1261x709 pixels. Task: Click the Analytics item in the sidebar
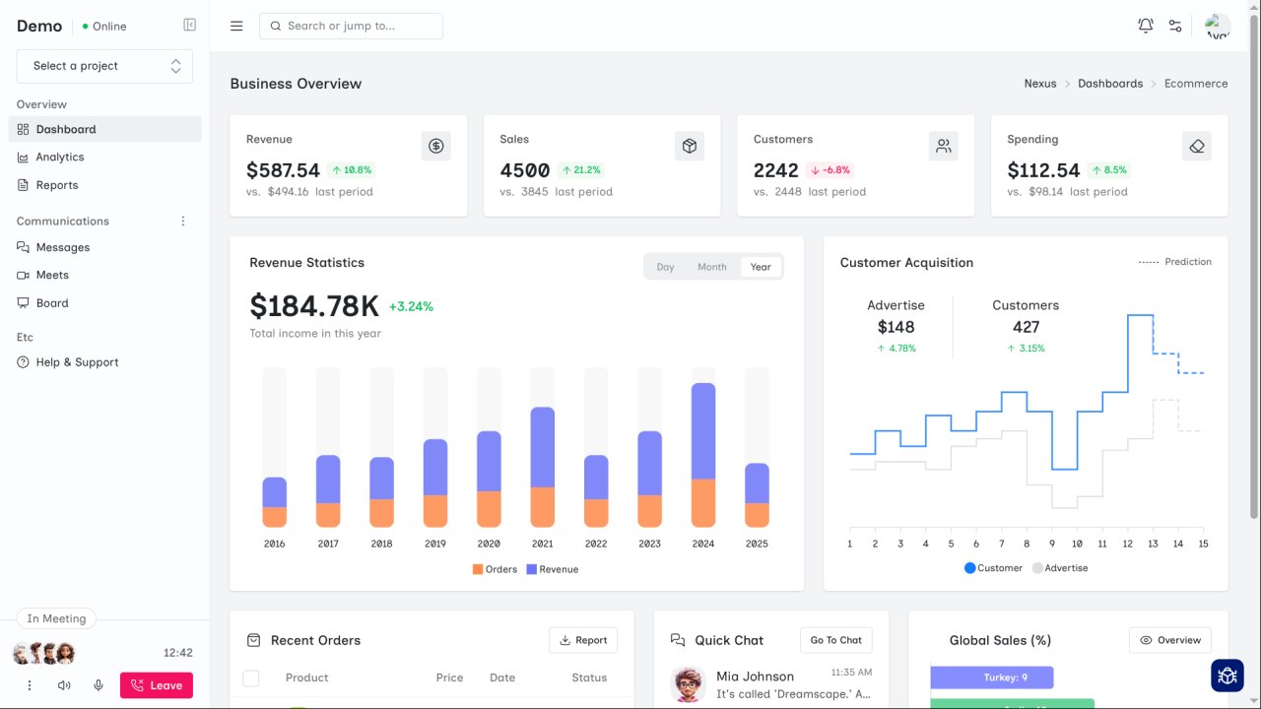(60, 158)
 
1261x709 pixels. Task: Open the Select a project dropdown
(104, 66)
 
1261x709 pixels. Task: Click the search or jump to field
(351, 26)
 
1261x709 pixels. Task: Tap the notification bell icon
(1145, 26)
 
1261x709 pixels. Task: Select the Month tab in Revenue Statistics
(711, 267)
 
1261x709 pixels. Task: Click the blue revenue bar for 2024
(703, 430)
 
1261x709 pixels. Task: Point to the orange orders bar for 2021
(542, 506)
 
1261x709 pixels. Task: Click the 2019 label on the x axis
(434, 544)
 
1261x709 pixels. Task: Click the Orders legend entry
(495, 569)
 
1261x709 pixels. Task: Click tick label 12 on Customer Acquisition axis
(1128, 544)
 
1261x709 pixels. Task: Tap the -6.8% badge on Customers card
(830, 170)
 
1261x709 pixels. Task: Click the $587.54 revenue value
(283, 170)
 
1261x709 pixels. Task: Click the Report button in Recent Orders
(582, 640)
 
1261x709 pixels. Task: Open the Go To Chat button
(835, 640)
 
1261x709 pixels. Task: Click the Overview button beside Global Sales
(1169, 640)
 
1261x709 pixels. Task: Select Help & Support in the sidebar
(77, 362)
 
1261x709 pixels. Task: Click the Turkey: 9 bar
(991, 677)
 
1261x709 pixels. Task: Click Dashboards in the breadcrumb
(1109, 84)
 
